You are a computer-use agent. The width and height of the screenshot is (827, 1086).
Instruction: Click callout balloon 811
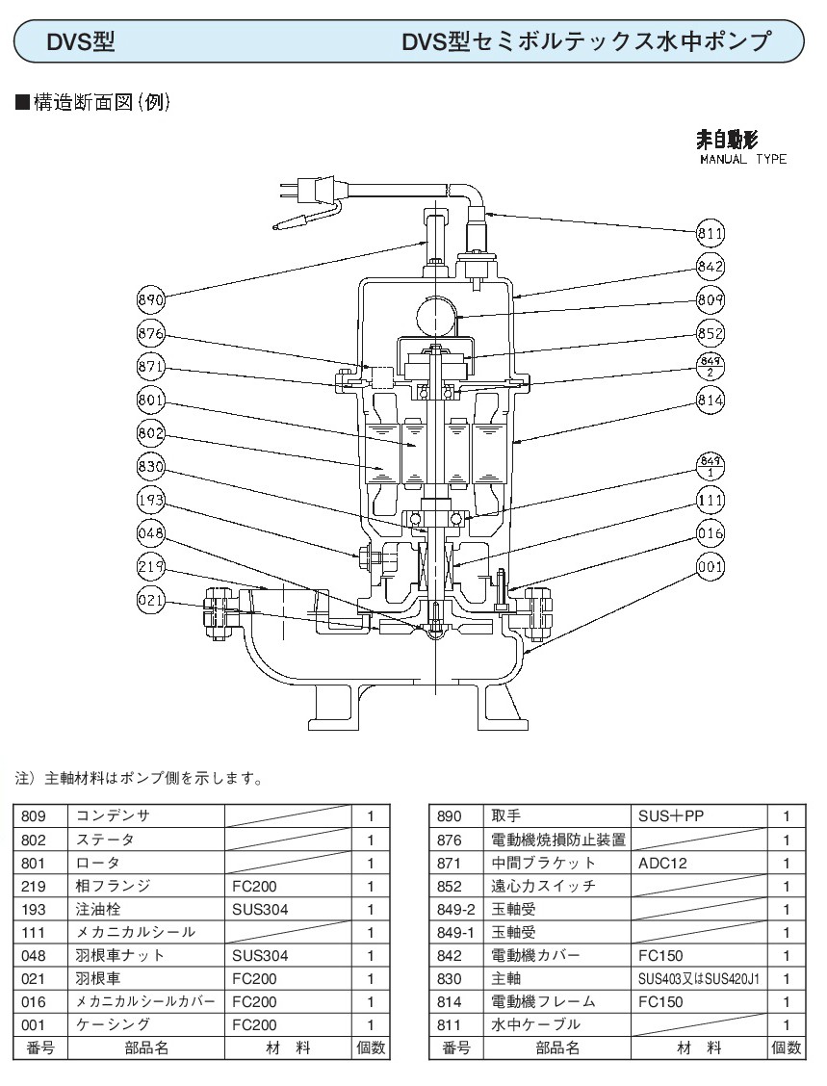pos(710,234)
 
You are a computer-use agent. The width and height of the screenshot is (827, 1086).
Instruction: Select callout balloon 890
pos(152,299)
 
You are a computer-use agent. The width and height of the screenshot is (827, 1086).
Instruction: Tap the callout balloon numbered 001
pos(710,567)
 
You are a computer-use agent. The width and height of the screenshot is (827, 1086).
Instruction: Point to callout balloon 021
pos(152,601)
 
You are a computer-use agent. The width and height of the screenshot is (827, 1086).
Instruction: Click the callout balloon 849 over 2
pos(710,367)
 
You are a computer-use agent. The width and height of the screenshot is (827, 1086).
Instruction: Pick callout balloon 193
pos(152,501)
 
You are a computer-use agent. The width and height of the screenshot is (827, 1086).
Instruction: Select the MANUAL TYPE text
pos(742,160)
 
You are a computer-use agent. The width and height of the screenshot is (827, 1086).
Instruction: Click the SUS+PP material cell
pos(698,816)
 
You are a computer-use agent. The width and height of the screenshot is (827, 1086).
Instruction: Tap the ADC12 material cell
pos(698,863)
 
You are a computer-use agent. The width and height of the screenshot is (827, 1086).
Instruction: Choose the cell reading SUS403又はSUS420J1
pos(698,978)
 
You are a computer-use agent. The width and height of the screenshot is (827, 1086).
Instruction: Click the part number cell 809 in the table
pos(39,816)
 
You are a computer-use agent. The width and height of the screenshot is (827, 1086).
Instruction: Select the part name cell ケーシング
pos(145,1025)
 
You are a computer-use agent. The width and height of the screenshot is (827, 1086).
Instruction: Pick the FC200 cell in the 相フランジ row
pos(286,886)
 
